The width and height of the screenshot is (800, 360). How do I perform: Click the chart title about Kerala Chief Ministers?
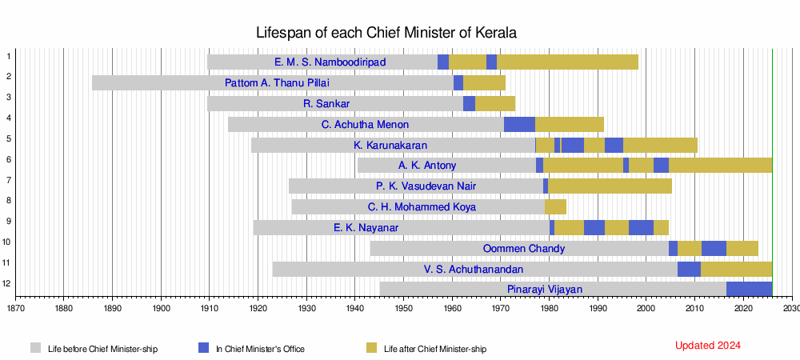(x=386, y=33)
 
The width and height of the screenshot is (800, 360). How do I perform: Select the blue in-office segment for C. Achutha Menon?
(x=519, y=124)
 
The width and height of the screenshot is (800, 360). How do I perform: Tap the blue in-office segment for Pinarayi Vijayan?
(x=749, y=289)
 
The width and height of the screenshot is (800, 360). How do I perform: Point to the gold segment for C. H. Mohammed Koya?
(x=555, y=206)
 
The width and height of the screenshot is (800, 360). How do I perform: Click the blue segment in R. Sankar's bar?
(x=469, y=103)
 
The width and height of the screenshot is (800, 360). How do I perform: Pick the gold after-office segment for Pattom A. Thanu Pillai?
(x=484, y=82)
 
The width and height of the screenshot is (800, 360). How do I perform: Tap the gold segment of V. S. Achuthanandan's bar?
(x=736, y=269)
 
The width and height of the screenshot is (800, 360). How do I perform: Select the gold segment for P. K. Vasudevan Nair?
(x=610, y=186)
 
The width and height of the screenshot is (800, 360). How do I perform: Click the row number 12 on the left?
(x=7, y=283)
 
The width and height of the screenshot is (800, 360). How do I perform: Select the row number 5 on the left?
(x=7, y=138)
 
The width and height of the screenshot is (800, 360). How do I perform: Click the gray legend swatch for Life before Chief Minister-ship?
(x=36, y=348)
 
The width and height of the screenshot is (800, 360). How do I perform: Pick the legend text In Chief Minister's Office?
(x=259, y=349)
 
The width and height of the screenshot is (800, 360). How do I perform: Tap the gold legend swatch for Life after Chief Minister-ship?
(x=371, y=348)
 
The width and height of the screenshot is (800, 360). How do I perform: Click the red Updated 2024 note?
(x=708, y=346)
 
